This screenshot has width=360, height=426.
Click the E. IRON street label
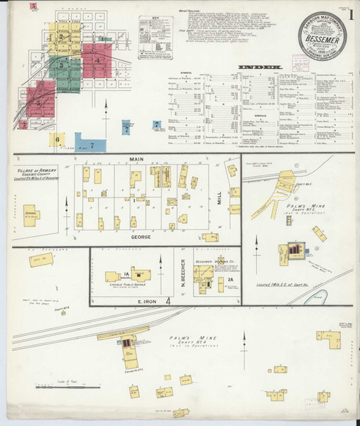(142, 301)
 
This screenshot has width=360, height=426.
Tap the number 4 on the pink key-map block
(97, 60)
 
